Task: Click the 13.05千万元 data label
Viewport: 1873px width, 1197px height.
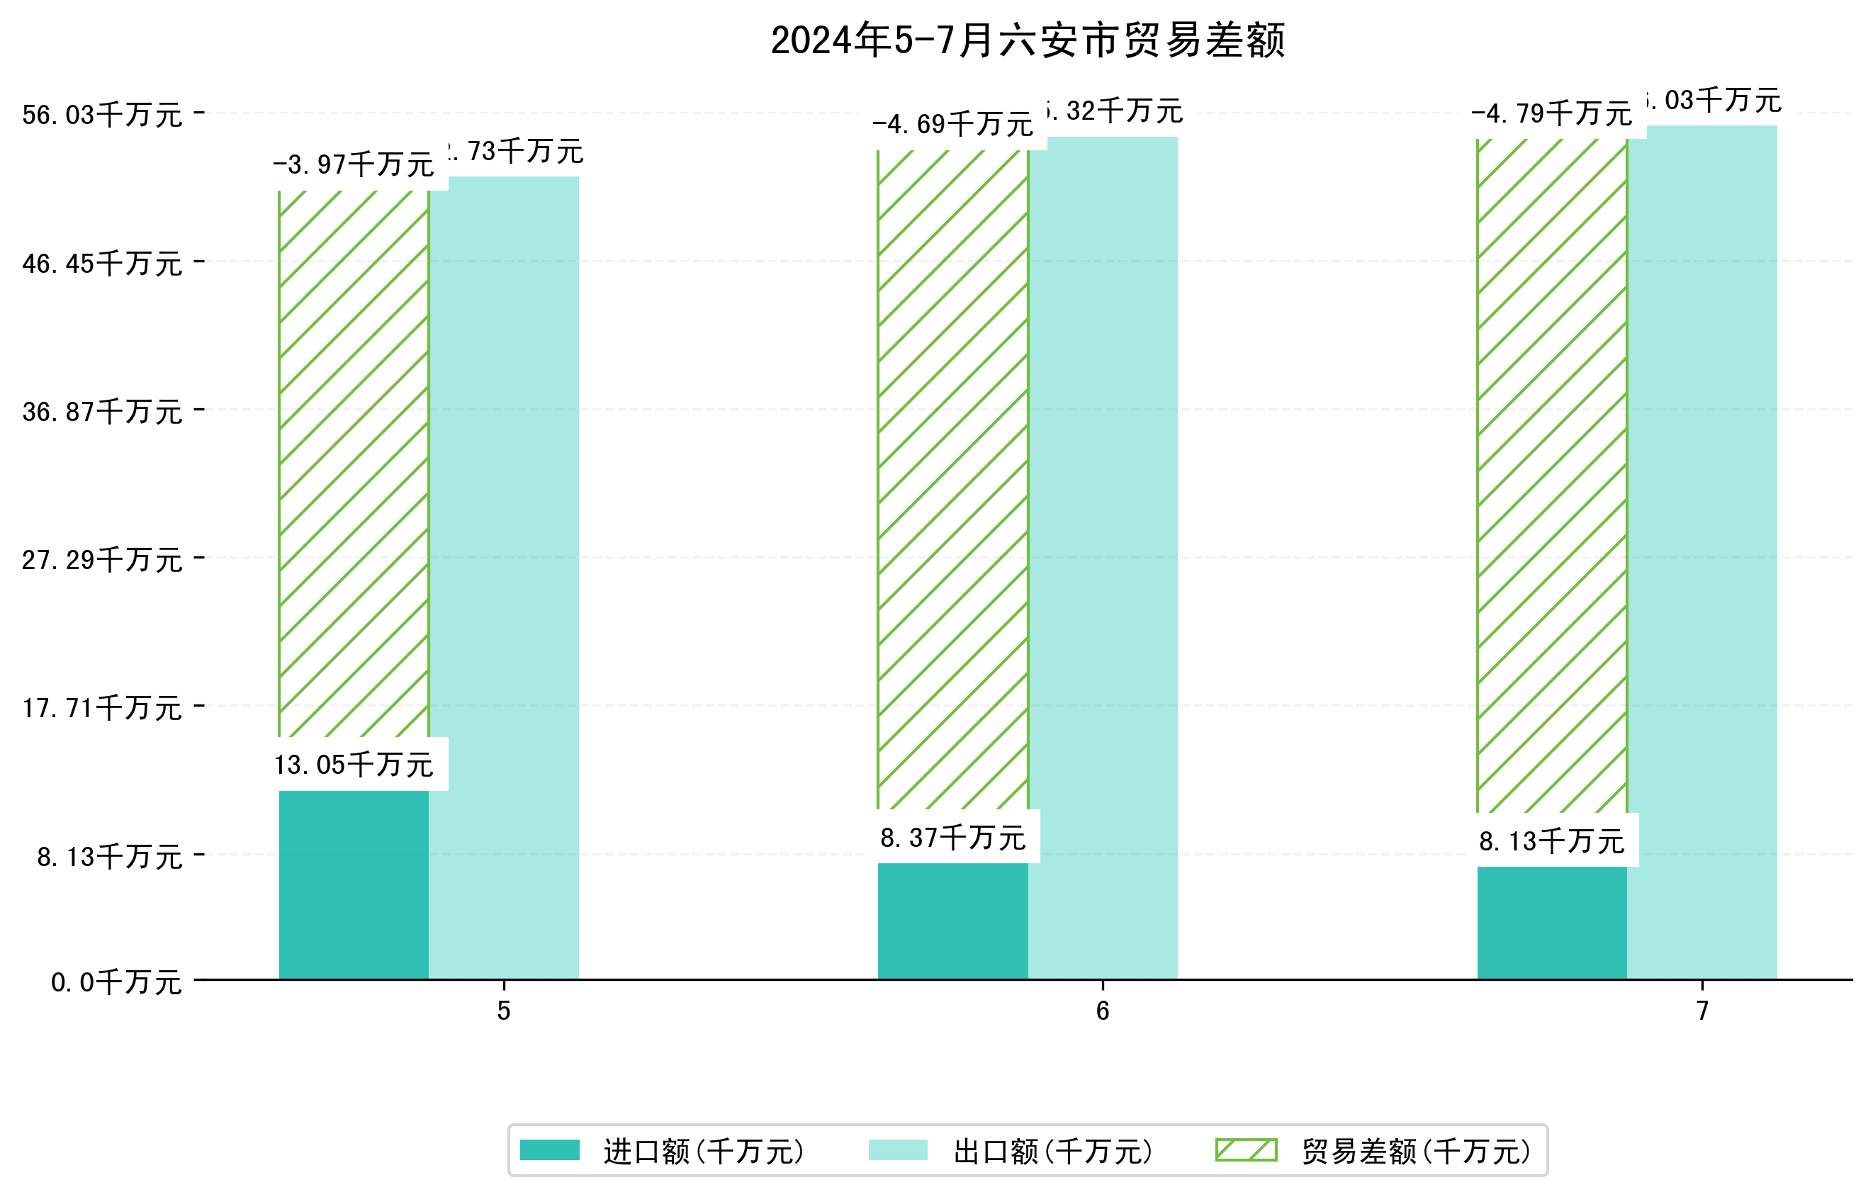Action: pyautogui.click(x=354, y=765)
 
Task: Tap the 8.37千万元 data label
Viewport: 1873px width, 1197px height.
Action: pyautogui.click(x=953, y=838)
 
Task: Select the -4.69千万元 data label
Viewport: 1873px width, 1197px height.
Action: pyautogui.click(x=953, y=125)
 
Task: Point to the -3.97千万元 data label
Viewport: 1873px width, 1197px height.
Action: pyautogui.click(x=354, y=165)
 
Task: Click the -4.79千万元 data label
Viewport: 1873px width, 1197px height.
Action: pyautogui.click(x=1552, y=114)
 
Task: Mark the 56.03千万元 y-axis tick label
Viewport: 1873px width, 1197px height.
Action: pyautogui.click(x=102, y=115)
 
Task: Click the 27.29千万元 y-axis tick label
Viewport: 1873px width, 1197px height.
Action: pyautogui.click(x=102, y=560)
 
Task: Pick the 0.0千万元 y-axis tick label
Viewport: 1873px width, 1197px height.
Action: pyautogui.click(x=116, y=982)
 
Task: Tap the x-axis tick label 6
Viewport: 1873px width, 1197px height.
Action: pyautogui.click(x=1102, y=1011)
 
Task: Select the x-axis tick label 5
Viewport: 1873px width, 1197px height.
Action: pyautogui.click(x=504, y=1011)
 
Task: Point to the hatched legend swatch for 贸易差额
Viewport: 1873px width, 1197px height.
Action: pyautogui.click(x=1246, y=1150)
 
